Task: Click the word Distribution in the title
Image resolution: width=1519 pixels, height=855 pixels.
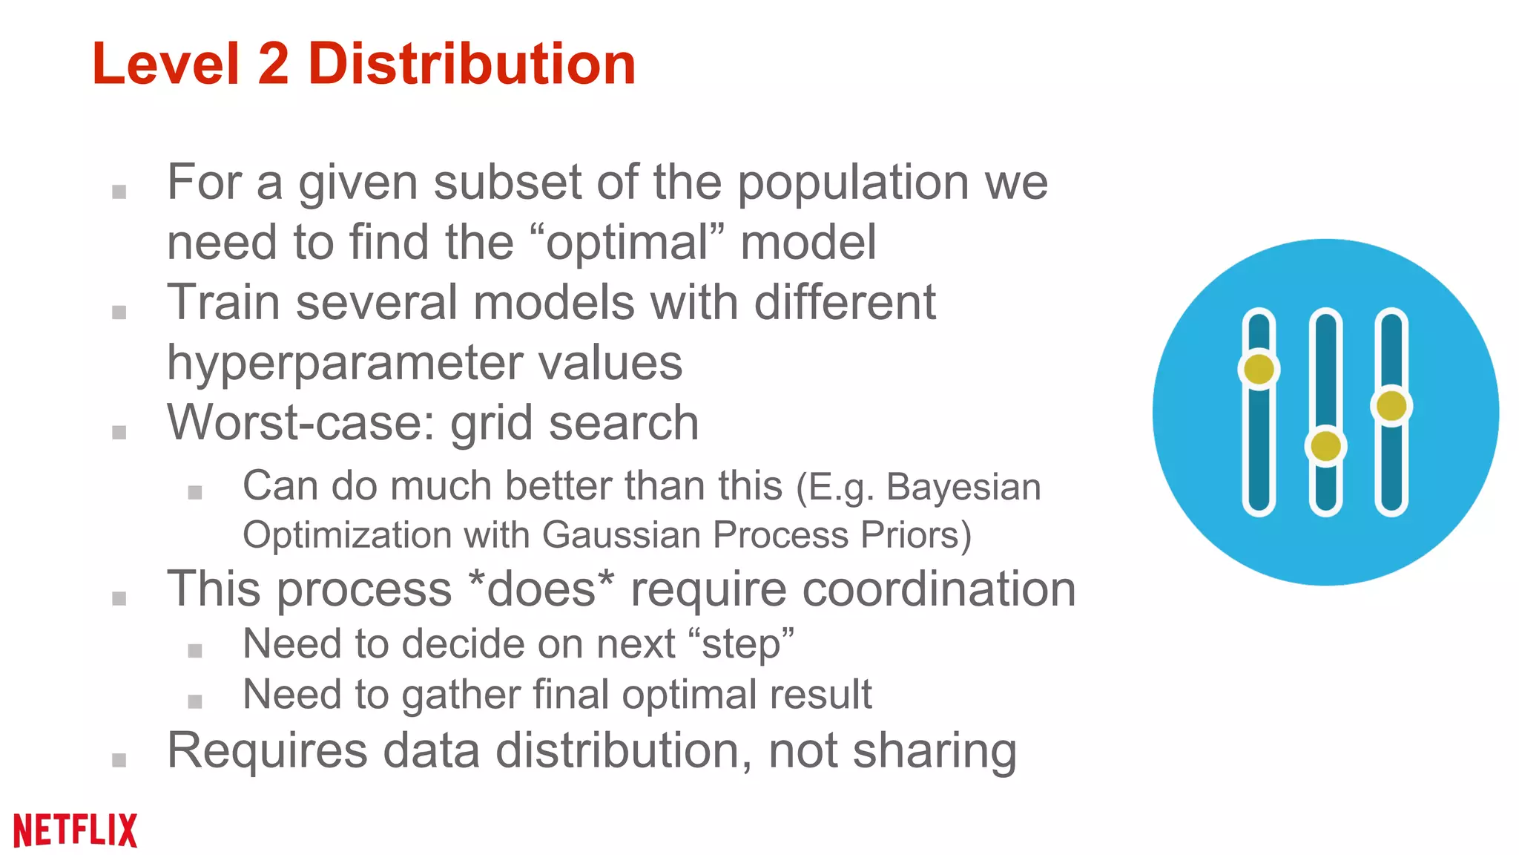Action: (x=472, y=64)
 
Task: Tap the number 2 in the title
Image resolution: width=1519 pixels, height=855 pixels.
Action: (x=273, y=64)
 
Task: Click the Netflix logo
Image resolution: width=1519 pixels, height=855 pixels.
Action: (x=76, y=830)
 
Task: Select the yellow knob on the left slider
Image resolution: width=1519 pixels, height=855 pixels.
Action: (x=1259, y=369)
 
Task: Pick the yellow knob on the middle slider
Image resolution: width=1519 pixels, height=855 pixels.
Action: (x=1325, y=446)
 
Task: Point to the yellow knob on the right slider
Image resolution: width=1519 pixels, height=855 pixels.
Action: (x=1391, y=406)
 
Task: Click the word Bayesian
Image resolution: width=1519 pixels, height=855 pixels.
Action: (x=963, y=488)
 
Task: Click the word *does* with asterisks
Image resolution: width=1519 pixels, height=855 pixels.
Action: (x=542, y=589)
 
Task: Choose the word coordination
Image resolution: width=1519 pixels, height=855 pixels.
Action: (x=938, y=589)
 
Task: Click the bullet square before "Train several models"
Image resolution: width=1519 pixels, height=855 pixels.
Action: (x=119, y=312)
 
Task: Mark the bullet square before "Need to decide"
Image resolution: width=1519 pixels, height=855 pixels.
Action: (x=195, y=651)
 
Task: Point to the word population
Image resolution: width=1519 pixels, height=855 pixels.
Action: (x=852, y=183)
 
